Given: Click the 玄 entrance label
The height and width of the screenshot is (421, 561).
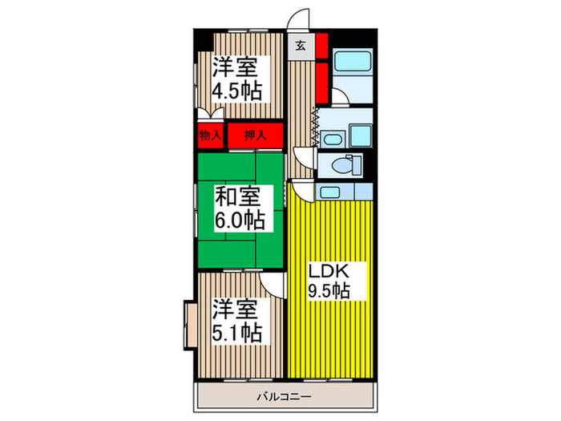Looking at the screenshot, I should [299, 44].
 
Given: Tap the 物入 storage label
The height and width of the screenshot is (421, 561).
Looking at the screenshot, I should [210, 136].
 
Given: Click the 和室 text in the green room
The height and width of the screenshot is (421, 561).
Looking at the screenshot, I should [236, 195].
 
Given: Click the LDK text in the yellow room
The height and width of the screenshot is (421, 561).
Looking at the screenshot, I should [329, 270].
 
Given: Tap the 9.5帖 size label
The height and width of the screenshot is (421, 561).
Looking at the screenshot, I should [329, 290].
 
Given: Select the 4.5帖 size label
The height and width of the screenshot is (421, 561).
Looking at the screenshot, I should [236, 91].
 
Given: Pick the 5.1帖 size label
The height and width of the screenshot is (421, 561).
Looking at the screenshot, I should [236, 331].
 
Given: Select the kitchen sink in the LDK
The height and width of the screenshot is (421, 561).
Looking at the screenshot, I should [330, 192].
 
